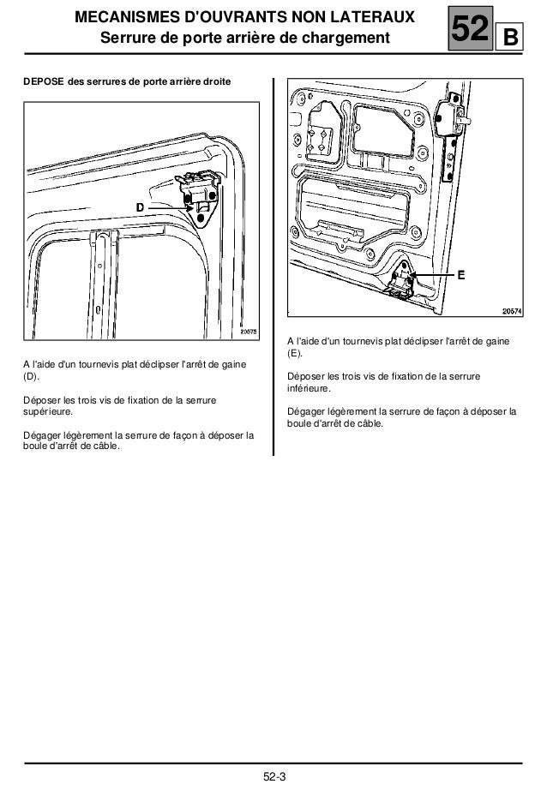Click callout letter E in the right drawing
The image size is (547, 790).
pos(460,276)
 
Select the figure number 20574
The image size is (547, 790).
pos(511,312)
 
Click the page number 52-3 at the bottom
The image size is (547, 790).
pos(273,776)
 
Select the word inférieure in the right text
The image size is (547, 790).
pos(308,390)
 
